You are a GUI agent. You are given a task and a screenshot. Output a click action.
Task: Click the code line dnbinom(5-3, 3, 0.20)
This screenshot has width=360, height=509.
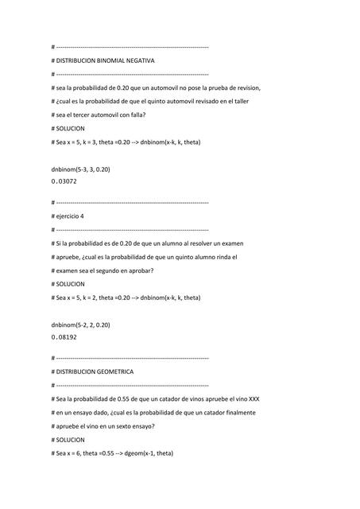point(80,169)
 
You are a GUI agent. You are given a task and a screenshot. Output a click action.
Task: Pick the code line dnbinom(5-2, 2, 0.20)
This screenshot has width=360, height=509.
point(80,325)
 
